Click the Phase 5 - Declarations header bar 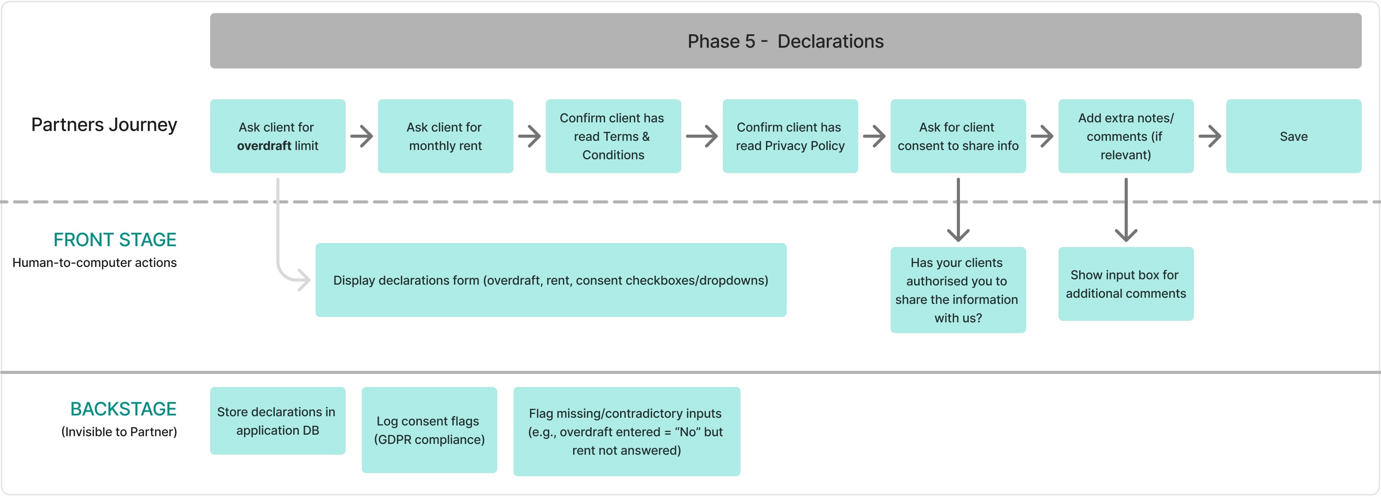(786, 41)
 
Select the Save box (1293, 136)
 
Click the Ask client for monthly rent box (445, 136)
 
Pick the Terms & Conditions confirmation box (613, 136)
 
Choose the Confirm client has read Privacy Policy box (790, 136)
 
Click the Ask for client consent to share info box (958, 136)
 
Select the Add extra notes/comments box (1125, 136)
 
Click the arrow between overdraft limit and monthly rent (362, 136)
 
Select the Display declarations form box (550, 280)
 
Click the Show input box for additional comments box (1125, 284)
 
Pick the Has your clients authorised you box (958, 290)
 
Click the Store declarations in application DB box (277, 421)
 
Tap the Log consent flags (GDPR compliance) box (429, 430)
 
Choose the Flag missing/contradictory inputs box (626, 432)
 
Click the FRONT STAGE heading (115, 239)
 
